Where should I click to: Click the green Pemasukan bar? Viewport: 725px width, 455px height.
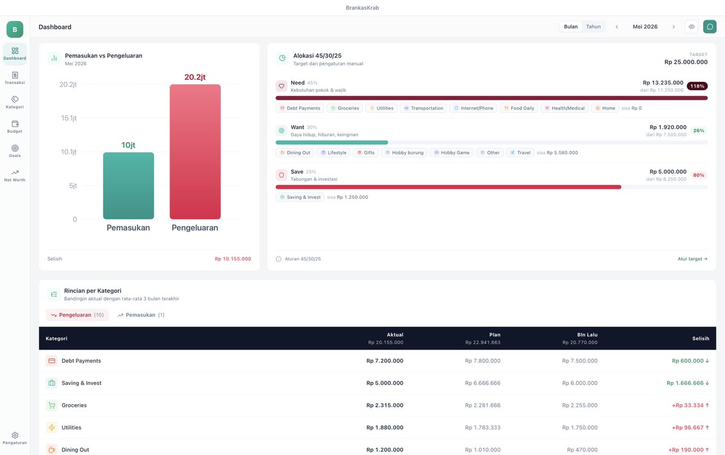129,186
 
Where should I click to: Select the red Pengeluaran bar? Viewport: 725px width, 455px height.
195,152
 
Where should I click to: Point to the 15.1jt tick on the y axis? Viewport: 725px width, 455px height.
69,118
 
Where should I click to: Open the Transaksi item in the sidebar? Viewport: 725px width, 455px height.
15,78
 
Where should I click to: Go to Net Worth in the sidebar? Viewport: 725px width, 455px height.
15,176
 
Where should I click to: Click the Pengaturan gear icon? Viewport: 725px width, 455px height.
15,435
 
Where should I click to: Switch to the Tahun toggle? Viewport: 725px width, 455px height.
593,27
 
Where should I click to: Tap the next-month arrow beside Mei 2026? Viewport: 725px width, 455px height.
674,27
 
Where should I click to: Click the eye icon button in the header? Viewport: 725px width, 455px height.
691,27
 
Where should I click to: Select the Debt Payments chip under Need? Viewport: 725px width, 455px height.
300,108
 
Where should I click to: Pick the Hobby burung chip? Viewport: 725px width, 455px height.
404,152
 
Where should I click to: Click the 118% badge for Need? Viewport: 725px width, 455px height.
697,86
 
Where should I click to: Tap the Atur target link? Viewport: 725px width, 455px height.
692,259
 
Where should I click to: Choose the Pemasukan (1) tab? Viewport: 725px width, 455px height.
141,315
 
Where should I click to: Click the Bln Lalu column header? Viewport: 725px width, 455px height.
587,335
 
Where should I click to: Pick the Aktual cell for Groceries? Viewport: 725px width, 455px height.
385,405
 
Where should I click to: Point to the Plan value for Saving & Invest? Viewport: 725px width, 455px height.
483,383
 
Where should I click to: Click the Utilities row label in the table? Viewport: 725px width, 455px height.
71,427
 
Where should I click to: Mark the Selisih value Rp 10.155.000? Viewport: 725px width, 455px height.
233,259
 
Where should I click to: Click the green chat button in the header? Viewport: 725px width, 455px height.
710,27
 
